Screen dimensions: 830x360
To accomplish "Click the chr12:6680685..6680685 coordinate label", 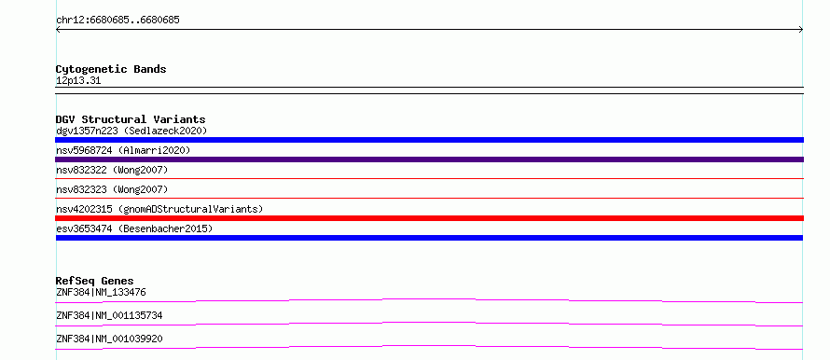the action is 118,21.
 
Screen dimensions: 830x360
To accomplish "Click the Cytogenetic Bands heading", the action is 111,69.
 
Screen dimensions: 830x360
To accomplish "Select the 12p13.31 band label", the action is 78,81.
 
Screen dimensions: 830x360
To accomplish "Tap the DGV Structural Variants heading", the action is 131,119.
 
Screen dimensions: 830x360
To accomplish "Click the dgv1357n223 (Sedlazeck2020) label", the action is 131,131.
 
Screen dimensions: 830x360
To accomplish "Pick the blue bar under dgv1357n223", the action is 429,140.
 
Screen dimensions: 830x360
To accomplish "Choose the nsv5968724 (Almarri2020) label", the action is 123,150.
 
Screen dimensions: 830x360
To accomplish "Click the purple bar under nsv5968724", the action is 429,159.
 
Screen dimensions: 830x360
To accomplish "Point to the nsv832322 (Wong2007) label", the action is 112,170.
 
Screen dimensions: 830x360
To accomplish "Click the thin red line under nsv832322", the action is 429,179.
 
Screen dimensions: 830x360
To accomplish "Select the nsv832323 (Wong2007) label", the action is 112,189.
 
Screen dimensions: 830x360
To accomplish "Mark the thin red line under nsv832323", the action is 429,199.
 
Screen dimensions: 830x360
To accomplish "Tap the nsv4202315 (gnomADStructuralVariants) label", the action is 159,209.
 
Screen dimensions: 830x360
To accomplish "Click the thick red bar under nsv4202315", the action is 429,218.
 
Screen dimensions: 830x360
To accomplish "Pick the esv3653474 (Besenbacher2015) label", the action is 134,228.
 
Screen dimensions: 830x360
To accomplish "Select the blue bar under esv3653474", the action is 429,238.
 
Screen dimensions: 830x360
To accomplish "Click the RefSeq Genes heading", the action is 95,281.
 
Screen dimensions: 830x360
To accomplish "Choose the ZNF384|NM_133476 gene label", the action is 101,292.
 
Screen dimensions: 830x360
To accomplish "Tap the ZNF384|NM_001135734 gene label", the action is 109,315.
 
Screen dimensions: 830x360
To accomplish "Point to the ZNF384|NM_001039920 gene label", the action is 109,339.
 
